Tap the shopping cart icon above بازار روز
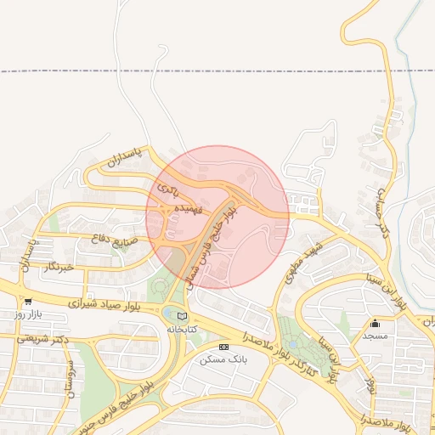tap(29, 302)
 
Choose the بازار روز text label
tap(29, 314)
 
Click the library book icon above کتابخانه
tap(181, 316)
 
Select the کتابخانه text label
tap(181, 329)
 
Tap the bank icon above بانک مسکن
tap(223, 347)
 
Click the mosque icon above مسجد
tap(375, 323)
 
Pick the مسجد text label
tap(375, 336)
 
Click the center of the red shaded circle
tap(217, 217)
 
